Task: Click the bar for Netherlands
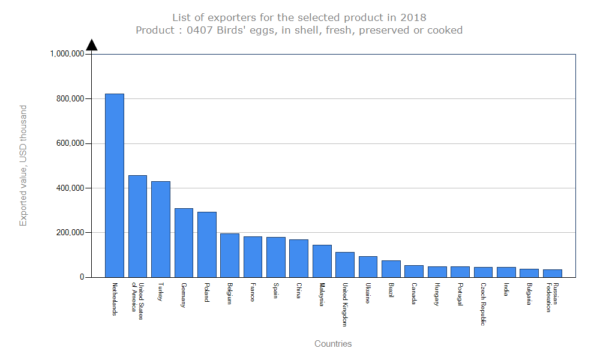(x=115, y=185)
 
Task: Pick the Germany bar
(x=184, y=242)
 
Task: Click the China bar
(x=299, y=258)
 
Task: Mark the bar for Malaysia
(x=322, y=261)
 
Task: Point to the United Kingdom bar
(x=345, y=265)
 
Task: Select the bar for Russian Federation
(x=553, y=273)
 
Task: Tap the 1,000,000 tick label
(x=67, y=54)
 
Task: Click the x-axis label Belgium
(x=230, y=294)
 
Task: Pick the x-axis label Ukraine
(x=368, y=293)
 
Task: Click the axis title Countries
(x=333, y=344)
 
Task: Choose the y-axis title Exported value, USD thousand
(x=23, y=166)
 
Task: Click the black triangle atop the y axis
(x=91, y=45)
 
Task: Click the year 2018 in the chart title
(x=414, y=17)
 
